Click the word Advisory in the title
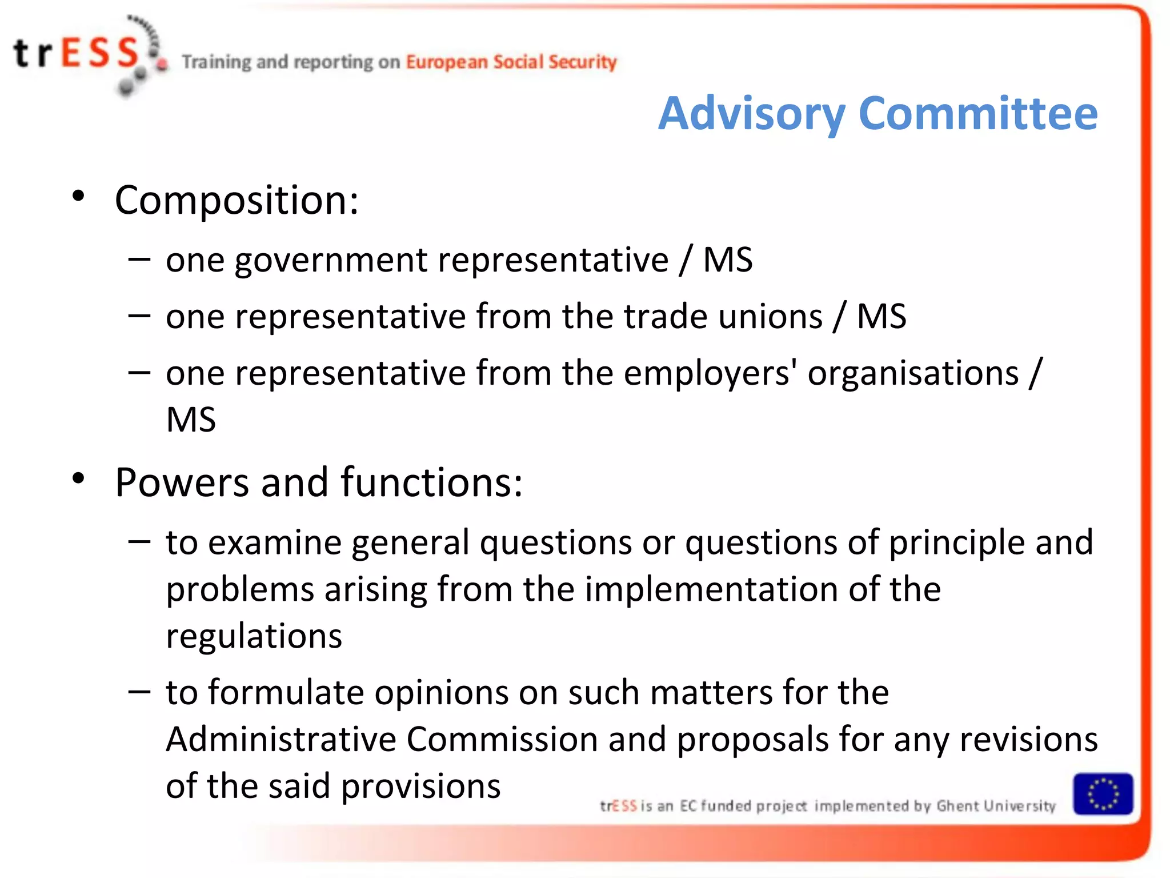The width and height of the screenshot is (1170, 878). click(x=751, y=114)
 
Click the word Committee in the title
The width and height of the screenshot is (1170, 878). click(x=977, y=114)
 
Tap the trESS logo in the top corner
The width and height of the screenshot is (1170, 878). click(x=86, y=54)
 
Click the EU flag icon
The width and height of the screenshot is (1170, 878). click(x=1103, y=794)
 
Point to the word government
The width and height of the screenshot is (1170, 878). click(x=331, y=260)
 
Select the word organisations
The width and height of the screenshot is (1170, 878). click(x=913, y=373)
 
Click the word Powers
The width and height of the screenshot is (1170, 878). click(x=181, y=483)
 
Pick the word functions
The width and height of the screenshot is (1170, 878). click(x=431, y=483)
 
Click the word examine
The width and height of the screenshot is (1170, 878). click(x=275, y=542)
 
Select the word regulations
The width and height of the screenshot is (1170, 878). click(x=254, y=636)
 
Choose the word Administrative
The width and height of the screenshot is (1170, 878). click(x=281, y=740)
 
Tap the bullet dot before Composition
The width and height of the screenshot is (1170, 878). click(x=79, y=197)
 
